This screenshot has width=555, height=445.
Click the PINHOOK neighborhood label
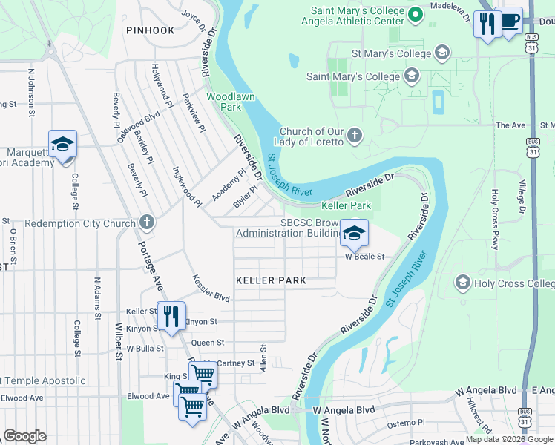pos(150,30)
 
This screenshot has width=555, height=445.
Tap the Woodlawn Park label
pos(224,102)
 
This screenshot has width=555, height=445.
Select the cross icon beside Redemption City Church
pos(147,222)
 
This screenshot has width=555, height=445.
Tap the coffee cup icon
pos(509,22)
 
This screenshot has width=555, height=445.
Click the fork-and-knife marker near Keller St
pos(171,317)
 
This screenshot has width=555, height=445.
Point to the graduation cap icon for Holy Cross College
pos(463,283)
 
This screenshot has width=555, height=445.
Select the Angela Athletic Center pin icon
pos(416,14)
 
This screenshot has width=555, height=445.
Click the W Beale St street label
pos(364,257)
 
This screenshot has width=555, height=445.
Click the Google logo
pos(24,436)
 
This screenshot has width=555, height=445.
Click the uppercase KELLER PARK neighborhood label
pos(271,280)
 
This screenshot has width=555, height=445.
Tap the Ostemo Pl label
pos(405,422)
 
